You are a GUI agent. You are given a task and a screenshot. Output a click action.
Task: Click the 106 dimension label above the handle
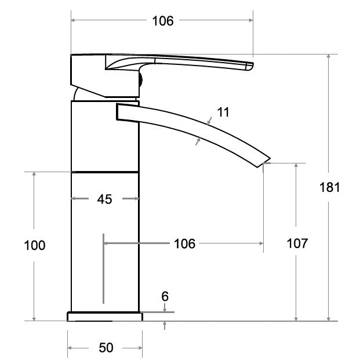163,21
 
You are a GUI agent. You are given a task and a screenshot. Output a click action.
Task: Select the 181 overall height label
329,187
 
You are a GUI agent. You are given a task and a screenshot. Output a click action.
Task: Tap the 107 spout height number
297,243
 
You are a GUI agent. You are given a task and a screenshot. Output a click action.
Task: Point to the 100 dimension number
35,245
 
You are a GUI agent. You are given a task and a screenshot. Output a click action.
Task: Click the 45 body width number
105,199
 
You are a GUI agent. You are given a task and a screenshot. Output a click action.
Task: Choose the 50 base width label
106,348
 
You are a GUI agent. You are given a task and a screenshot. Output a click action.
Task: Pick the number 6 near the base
165,296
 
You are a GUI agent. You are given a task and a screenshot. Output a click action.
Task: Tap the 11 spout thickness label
223,112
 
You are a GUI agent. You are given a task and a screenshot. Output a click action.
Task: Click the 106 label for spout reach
184,243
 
